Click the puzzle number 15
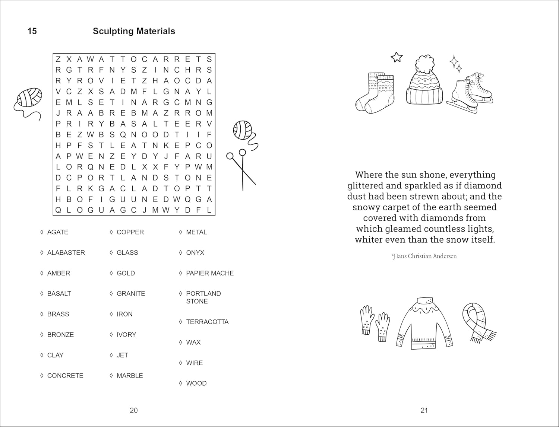32,31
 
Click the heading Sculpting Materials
134,31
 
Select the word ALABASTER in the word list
66,252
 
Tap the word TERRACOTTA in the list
207,322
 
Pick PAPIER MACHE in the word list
210,273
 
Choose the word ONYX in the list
195,252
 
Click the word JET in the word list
122,355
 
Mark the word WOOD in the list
196,383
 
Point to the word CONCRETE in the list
65,375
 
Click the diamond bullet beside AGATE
42,232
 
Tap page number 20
133,410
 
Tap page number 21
424,410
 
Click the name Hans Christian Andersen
424,256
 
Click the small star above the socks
397,57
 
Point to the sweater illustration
425,324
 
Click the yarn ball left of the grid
30,98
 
